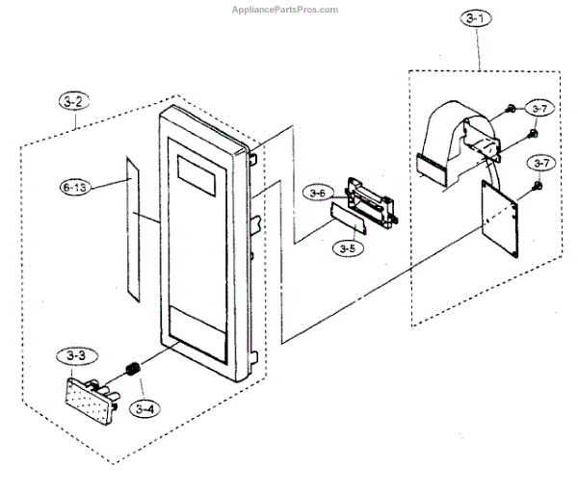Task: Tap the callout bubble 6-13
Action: click(74, 189)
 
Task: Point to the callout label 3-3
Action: click(76, 355)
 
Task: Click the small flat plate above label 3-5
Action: click(348, 218)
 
